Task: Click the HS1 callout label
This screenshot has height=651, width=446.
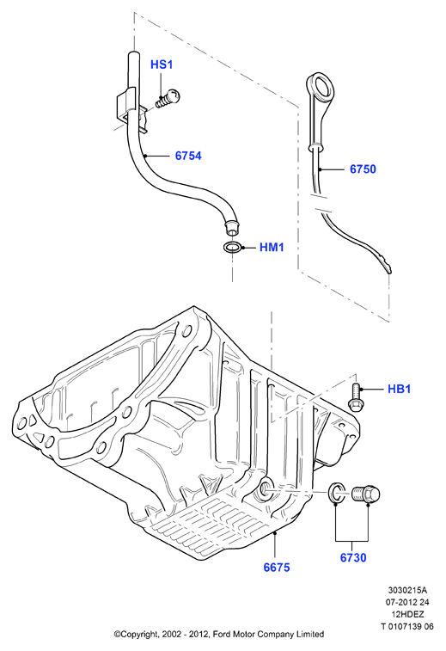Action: coord(161,64)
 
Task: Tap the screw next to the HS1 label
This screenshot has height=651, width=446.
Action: coord(168,99)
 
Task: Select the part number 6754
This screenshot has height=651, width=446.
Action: coord(188,156)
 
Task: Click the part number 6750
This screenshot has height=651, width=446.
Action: coord(363,169)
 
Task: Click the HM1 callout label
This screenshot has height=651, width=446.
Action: coord(272,248)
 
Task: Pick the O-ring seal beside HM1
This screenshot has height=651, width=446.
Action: coord(231,248)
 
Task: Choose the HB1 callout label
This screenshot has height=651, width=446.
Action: coord(399,389)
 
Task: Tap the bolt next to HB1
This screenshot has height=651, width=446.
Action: coord(355,397)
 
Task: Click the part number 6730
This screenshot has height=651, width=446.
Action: coord(353,557)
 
